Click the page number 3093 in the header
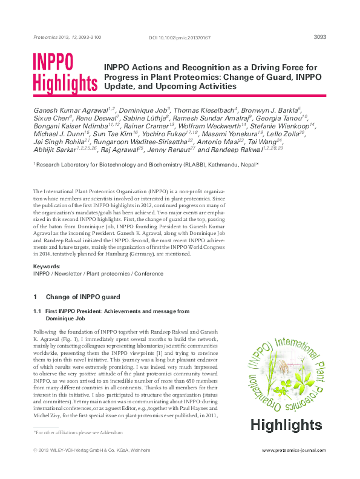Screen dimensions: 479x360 [320, 37]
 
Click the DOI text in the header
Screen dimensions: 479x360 [180, 38]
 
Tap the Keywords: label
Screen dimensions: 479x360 [46, 266]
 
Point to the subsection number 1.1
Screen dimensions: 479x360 [36, 311]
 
